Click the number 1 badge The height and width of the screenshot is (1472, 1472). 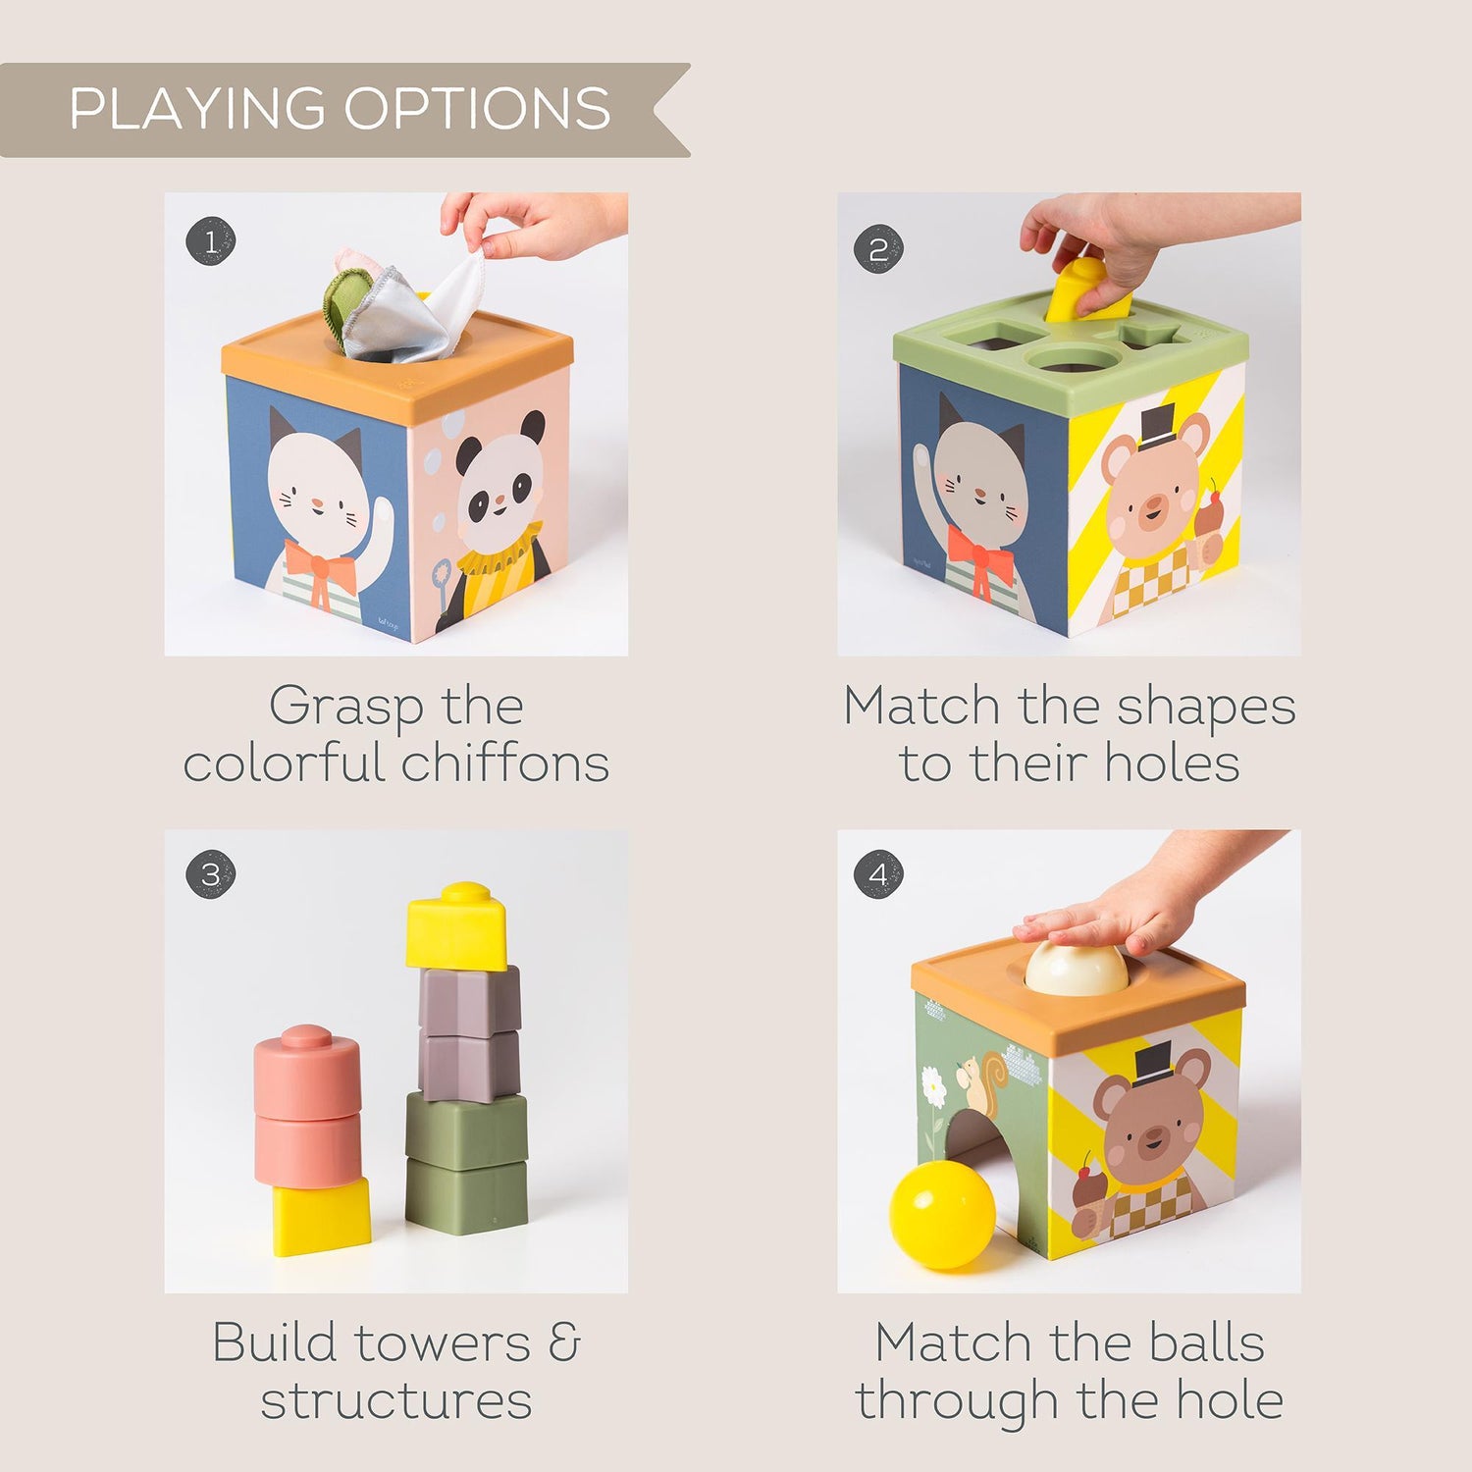coord(211,241)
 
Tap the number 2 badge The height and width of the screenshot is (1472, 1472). coord(878,249)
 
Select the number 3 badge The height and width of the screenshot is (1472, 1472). coord(211,874)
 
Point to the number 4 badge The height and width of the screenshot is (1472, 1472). coord(878,874)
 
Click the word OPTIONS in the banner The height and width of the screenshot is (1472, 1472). coord(477,108)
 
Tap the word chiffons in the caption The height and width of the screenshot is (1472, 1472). coord(505,763)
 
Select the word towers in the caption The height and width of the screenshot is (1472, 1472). coord(443,1342)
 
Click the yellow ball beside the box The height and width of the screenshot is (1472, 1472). coord(942,1215)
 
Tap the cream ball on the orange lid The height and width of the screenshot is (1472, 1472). coord(1077,967)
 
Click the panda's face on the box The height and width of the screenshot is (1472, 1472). coord(500,482)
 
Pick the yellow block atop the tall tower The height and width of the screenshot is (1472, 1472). coord(457,927)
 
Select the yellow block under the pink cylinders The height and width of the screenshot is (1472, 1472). coord(321,1217)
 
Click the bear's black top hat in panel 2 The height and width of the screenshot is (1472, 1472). coord(1157,424)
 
